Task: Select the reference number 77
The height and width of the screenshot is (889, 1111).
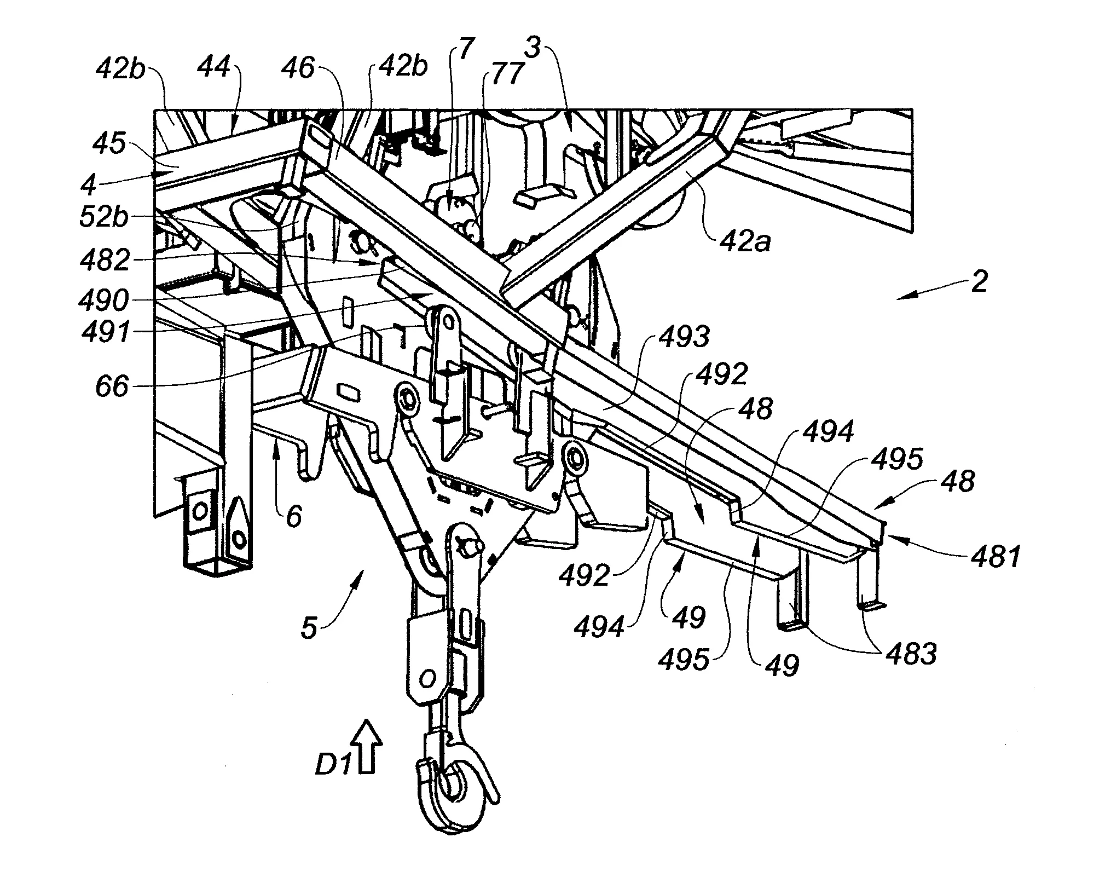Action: [505, 76]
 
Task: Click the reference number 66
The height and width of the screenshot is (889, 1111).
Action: [111, 387]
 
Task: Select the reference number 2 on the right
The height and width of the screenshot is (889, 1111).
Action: [979, 283]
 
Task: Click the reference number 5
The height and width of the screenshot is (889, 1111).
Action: [309, 628]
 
